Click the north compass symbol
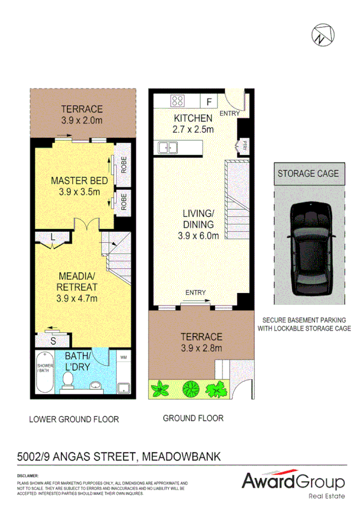(x=322, y=35)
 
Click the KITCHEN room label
(x=192, y=118)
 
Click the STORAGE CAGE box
(x=308, y=173)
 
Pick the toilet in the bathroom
(x=68, y=379)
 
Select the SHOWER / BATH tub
(x=45, y=373)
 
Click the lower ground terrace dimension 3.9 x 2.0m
(x=81, y=120)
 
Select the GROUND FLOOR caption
(x=193, y=418)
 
